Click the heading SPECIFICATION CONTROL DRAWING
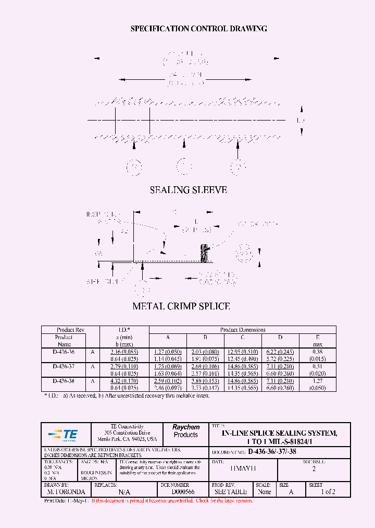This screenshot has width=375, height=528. pyautogui.click(x=198, y=29)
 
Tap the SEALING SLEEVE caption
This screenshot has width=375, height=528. pyautogui.click(x=188, y=190)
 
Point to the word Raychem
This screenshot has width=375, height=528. pyautogui.click(x=186, y=427)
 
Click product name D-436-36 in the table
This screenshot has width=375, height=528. pyautogui.click(x=64, y=352)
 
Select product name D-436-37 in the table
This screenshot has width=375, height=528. pyautogui.click(x=64, y=366)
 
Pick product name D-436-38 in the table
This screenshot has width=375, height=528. pyautogui.click(x=64, y=381)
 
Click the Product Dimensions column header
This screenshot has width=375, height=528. pyautogui.click(x=243, y=330)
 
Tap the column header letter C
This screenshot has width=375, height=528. pyautogui.click(x=243, y=337)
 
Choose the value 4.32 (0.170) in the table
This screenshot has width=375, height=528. pyautogui.click(x=123, y=381)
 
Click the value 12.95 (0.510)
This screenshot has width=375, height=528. pyautogui.click(x=243, y=352)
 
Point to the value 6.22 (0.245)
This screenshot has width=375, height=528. pyautogui.click(x=280, y=352)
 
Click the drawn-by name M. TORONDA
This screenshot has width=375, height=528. pyautogui.click(x=66, y=492)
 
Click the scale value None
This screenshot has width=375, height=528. pyautogui.click(x=265, y=492)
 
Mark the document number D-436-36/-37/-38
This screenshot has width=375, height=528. pyautogui.click(x=272, y=452)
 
